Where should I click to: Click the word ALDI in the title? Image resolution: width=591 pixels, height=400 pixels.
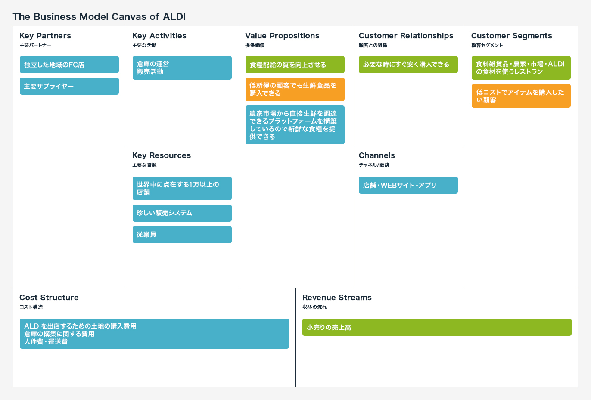[174, 17]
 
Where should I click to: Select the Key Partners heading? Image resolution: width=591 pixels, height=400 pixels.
[45, 36]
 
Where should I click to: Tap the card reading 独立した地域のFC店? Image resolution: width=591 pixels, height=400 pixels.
[69, 65]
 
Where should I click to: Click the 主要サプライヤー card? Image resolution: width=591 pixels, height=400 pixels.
[69, 86]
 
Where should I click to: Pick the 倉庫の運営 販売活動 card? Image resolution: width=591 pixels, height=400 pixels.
[182, 68]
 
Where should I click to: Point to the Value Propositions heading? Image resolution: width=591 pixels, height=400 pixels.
[282, 36]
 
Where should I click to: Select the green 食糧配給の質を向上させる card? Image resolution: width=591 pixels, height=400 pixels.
[295, 65]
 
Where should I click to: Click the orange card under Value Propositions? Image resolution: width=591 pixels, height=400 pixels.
[295, 90]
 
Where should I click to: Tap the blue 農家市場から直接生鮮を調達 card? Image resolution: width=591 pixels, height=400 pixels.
[295, 125]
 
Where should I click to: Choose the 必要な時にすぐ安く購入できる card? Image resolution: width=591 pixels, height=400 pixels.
[408, 65]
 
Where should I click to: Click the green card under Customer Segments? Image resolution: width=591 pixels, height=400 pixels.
[521, 68]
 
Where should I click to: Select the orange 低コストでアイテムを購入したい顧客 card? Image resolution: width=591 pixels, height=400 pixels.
[521, 96]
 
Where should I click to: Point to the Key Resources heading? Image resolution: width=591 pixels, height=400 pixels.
[162, 155]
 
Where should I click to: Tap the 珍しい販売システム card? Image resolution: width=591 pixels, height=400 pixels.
[182, 213]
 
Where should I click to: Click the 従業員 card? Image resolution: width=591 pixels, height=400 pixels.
[182, 235]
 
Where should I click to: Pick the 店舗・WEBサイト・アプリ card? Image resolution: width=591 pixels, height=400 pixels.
[408, 185]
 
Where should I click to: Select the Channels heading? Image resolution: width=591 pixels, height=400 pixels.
[377, 155]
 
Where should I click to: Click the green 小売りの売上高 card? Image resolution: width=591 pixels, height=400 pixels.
[437, 327]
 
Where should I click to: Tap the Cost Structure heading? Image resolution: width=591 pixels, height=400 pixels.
[49, 298]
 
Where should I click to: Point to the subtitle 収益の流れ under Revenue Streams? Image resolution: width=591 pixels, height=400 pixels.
[314, 307]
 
